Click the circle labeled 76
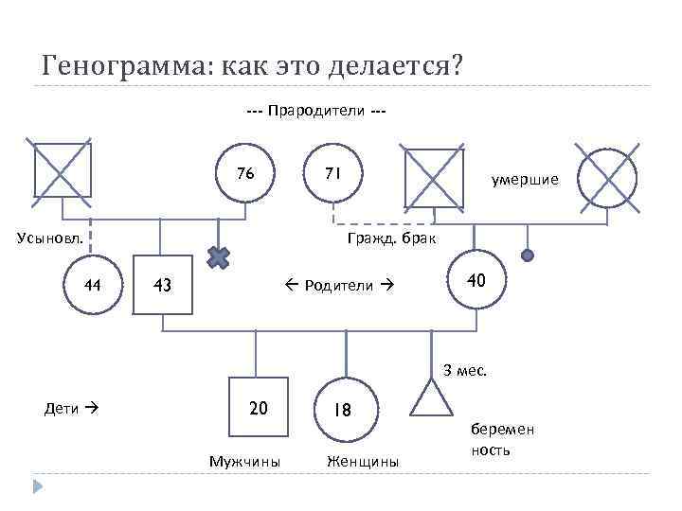pyautogui.click(x=245, y=175)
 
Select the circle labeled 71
pyautogui.click(x=332, y=175)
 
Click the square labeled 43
pyautogui.click(x=163, y=284)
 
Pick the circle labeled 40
pyautogui.click(x=476, y=281)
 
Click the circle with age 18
pyautogui.click(x=344, y=410)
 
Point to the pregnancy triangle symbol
pyautogui.click(x=434, y=399)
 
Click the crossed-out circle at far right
pyautogui.click(x=606, y=176)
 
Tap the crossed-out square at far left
pyautogui.click(x=63, y=169)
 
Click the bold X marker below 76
pyautogui.click(x=220, y=255)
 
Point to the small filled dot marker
pyautogui.click(x=529, y=255)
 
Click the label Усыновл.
pyautogui.click(x=50, y=237)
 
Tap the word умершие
pyautogui.click(x=524, y=179)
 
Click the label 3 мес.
pyautogui.click(x=465, y=370)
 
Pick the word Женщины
pyautogui.click(x=363, y=462)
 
